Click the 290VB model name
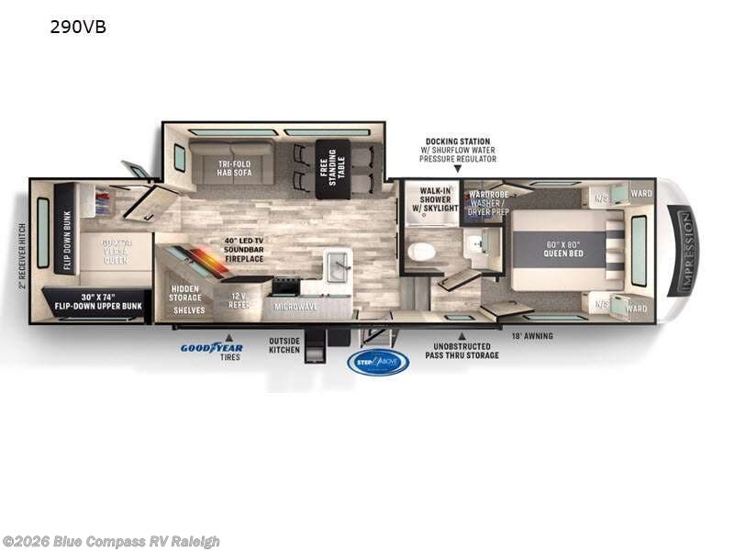(77, 28)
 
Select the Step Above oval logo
(378, 362)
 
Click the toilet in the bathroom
(422, 251)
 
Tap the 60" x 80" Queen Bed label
(559, 249)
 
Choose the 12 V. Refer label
(239, 300)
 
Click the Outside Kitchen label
(284, 345)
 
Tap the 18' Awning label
(532, 336)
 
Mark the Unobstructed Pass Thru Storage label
(461, 351)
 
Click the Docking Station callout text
(457, 151)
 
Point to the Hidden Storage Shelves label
(188, 299)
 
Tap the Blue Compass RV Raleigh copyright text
(111, 542)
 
